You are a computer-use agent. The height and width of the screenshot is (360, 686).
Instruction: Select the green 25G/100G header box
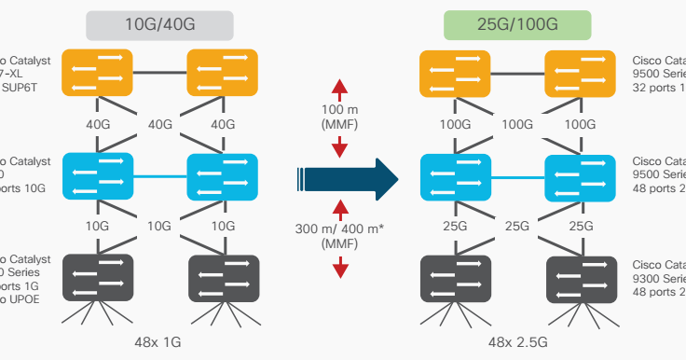coord(517,25)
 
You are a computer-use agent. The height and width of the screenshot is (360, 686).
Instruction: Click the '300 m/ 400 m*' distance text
coord(339,230)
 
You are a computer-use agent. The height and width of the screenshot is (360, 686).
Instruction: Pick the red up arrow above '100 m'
coord(340,90)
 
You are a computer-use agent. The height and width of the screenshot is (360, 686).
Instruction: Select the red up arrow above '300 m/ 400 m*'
coord(340,208)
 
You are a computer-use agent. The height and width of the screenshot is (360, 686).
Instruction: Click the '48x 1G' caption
coord(159,342)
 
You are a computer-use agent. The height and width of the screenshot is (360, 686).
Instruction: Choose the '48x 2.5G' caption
coord(517,342)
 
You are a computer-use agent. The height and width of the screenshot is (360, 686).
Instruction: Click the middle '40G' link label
coord(160,124)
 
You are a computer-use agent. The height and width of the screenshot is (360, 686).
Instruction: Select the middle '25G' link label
coord(517,226)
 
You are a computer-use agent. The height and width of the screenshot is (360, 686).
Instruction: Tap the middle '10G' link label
coord(160,226)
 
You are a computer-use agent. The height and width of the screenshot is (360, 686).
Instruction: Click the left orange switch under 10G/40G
coord(98,72)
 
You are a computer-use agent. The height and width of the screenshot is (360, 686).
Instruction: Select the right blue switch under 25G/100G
coord(581,174)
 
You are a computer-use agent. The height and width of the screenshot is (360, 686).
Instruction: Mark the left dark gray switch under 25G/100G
coord(456,277)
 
